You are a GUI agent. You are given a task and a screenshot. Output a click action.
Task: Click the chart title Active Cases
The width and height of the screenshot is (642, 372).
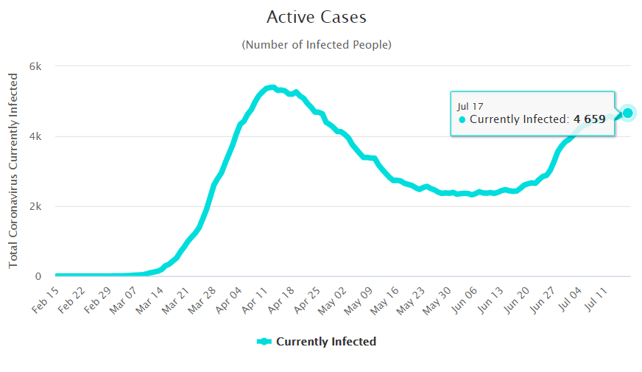pos(316,17)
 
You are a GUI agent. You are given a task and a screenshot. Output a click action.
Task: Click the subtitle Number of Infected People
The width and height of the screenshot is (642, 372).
pos(316,45)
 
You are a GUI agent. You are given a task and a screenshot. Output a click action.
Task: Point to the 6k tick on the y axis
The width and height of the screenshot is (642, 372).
pos(36,66)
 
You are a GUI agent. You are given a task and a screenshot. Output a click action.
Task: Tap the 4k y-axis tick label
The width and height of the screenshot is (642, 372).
pos(36,136)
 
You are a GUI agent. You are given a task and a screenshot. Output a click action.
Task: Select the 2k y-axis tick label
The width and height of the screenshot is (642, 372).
pos(36,206)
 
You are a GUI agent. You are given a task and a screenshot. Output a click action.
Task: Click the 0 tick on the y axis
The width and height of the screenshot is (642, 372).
pos(40,276)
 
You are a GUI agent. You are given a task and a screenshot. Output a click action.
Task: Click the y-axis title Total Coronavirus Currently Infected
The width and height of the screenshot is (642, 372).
pos(13,170)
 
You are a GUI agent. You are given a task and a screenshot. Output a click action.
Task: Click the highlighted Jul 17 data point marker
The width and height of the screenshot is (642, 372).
pos(627,113)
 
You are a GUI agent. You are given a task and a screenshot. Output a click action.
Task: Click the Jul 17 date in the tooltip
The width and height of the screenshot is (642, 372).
pos(469,106)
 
